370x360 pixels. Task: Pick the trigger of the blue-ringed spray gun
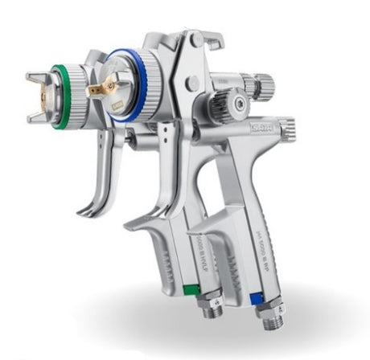tap(146, 193)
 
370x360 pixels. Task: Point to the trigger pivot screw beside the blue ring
tap(190, 83)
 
